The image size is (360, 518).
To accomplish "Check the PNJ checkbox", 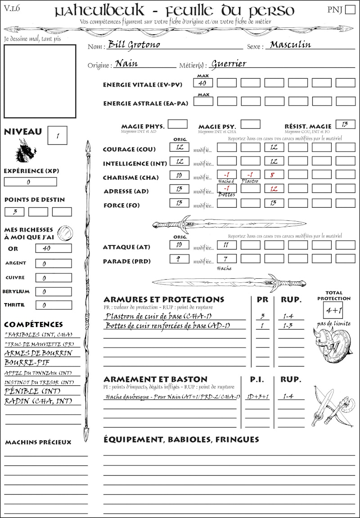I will click(x=349, y=10).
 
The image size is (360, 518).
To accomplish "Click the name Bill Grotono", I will click(x=134, y=45).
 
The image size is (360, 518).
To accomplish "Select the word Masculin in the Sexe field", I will click(x=290, y=45).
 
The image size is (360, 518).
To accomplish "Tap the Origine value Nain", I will click(x=126, y=64).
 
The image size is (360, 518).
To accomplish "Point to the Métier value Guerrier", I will click(x=229, y=64).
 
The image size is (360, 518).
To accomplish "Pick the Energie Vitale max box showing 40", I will click(x=202, y=83).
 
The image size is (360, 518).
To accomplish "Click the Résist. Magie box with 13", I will click(x=345, y=124).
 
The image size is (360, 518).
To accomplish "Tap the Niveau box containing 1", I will click(x=58, y=135).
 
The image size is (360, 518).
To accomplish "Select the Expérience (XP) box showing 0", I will click(x=30, y=182).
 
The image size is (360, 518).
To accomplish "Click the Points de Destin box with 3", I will click(x=14, y=212).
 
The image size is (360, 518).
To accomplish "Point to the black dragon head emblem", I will click(x=26, y=151).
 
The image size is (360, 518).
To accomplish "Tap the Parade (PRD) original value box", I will click(x=179, y=259).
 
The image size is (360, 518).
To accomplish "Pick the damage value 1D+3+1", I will click(x=257, y=397).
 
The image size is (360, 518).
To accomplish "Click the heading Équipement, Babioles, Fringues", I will click(x=181, y=439).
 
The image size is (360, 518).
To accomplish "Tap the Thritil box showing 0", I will click(x=53, y=305).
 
